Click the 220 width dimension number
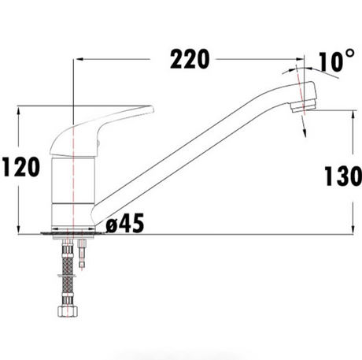point(190,59)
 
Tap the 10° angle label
point(336,61)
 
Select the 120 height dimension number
point(21,167)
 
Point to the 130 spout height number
point(343,176)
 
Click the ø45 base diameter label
point(125,223)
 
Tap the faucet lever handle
point(102,130)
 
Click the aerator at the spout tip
point(303,106)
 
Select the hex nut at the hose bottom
point(68,311)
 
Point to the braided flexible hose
point(68,273)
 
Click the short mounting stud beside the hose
point(82,253)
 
